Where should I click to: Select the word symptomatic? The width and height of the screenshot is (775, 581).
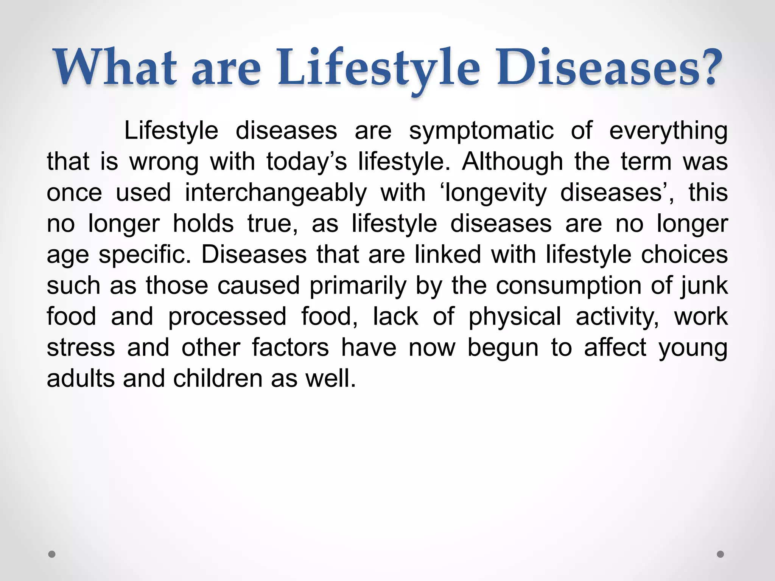click(481, 131)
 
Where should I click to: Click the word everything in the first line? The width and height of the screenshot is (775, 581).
click(668, 131)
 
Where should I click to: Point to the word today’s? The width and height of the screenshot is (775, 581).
click(307, 162)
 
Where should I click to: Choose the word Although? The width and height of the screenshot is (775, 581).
click(512, 162)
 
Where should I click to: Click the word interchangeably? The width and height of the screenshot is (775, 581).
click(276, 193)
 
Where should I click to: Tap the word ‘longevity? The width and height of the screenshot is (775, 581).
click(493, 193)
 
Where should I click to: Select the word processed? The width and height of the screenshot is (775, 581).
click(227, 317)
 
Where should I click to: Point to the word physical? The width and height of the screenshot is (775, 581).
click(515, 317)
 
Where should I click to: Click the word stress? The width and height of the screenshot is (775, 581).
click(81, 348)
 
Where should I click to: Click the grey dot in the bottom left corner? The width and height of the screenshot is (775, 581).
click(52, 554)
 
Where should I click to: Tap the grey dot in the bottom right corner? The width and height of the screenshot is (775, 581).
click(721, 554)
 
